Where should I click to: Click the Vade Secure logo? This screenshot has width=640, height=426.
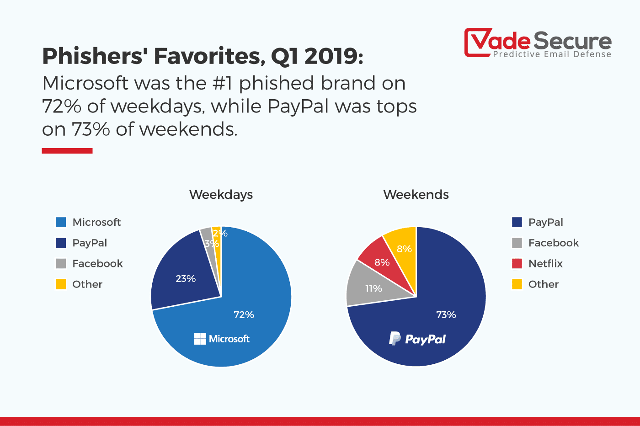(538, 43)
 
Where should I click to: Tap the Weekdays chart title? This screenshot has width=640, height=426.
(221, 195)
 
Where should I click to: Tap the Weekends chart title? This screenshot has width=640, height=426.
(416, 195)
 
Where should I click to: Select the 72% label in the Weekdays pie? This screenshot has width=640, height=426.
(244, 315)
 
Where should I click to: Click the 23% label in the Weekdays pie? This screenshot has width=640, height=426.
(186, 279)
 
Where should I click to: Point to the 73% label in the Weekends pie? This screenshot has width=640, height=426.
(446, 315)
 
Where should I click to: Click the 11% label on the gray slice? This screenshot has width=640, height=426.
(373, 288)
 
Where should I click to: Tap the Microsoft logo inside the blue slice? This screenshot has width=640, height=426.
(222, 339)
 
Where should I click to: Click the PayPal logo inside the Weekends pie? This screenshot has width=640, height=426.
(417, 339)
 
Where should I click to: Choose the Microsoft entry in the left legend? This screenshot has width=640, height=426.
(96, 222)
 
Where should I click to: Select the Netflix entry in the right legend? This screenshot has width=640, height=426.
(545, 264)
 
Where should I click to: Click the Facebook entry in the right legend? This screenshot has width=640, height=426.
(553, 243)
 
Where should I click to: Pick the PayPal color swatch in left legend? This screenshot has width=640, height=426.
(61, 243)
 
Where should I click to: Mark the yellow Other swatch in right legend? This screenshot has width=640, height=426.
(517, 284)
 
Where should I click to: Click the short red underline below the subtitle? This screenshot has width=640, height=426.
(67, 151)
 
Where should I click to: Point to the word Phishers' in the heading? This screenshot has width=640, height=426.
(95, 57)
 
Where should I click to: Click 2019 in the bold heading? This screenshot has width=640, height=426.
(331, 57)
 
